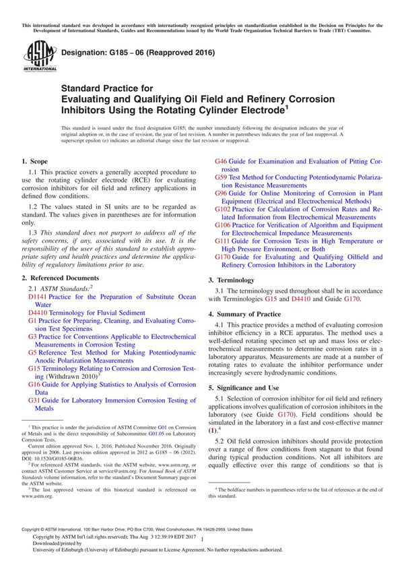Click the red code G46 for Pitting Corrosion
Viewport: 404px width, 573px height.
(x=221, y=162)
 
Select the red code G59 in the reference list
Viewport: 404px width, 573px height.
(x=221, y=177)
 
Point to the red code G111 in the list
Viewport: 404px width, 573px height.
(x=223, y=241)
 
